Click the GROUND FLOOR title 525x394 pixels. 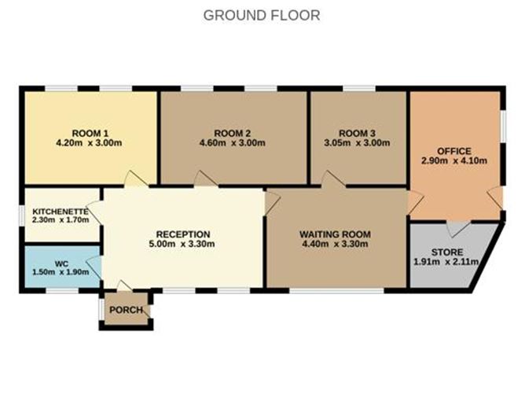(x=262, y=15)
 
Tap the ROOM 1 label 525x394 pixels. (x=90, y=132)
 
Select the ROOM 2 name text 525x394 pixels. (x=233, y=132)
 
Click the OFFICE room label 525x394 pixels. (x=454, y=150)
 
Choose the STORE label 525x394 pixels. (x=446, y=251)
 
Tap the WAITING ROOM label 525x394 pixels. (x=335, y=234)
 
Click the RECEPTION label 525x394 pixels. (x=183, y=234)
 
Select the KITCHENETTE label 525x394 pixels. (x=60, y=211)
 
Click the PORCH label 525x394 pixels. (x=126, y=310)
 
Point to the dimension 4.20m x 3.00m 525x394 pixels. (x=90, y=143)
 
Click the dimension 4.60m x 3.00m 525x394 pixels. (x=233, y=143)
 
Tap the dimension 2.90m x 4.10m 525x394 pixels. (x=454, y=161)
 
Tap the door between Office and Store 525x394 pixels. (x=455, y=229)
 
